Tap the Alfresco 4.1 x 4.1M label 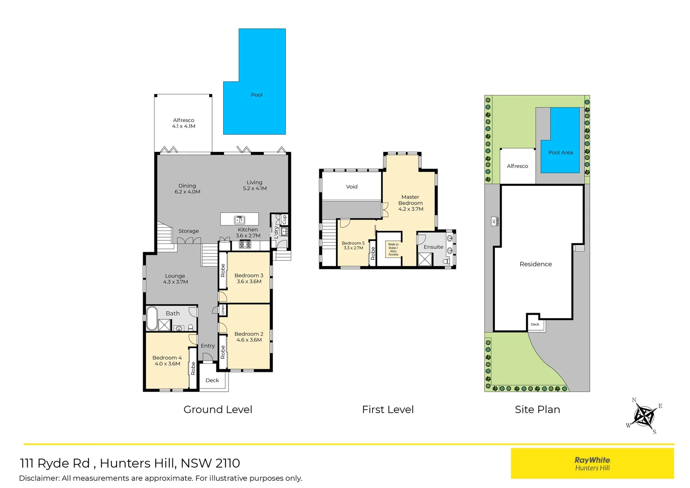183,123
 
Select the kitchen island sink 239,220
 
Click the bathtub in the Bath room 152,319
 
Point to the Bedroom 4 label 167,360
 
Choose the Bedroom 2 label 249,337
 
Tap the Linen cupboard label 223,310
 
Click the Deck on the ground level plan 212,380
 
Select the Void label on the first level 352,187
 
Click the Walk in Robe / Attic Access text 393,249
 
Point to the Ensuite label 433,247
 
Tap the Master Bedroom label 410,203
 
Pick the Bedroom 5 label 353,245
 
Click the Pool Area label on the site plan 560,153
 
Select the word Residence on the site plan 536,264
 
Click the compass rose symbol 644,415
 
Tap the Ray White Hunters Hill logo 592,463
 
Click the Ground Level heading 218,409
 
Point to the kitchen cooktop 245,244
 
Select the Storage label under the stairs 188,231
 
